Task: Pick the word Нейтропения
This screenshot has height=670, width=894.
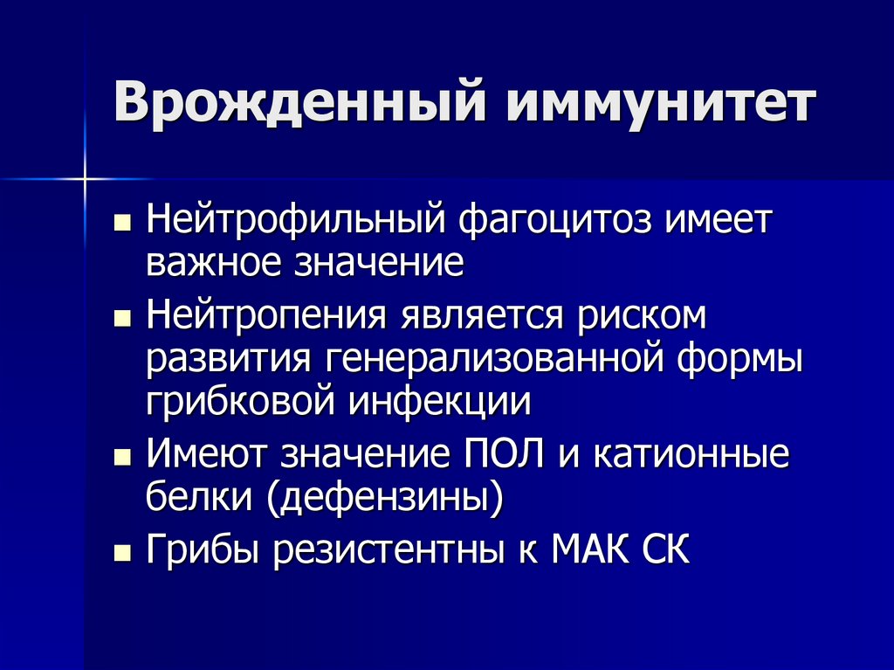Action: coord(269,317)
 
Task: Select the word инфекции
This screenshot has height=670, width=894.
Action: coord(441,402)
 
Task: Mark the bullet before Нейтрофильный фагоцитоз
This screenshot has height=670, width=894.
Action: coord(122,221)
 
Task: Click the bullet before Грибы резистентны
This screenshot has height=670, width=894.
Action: coord(122,555)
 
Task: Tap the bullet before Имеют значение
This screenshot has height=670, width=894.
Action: coord(122,459)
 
